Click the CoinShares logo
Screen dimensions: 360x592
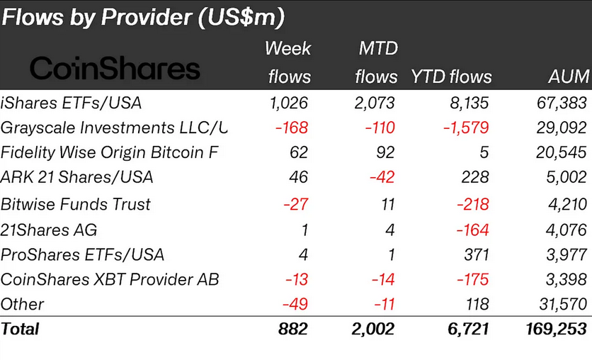click(115, 69)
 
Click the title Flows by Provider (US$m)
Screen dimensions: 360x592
click(143, 17)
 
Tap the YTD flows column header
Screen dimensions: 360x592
click(451, 76)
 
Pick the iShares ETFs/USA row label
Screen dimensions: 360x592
click(72, 103)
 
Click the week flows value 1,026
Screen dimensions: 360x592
click(289, 103)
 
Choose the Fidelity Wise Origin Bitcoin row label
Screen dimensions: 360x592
click(110, 152)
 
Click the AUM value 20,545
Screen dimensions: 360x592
click(562, 152)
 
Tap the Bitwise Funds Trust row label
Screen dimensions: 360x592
click(76, 204)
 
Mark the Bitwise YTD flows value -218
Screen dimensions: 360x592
click(472, 204)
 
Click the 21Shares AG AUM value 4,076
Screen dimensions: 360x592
click(566, 230)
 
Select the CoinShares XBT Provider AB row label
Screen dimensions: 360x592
click(110, 279)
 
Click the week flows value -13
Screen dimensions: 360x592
click(296, 279)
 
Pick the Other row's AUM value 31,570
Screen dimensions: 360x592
click(562, 305)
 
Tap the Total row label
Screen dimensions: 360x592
click(21, 330)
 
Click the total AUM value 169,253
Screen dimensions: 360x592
click(556, 330)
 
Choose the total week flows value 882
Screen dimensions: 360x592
click(292, 330)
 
